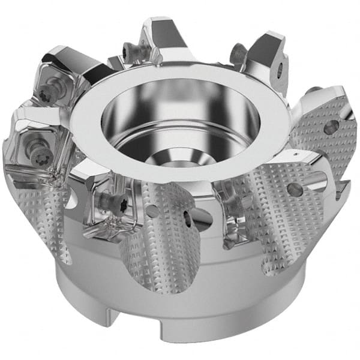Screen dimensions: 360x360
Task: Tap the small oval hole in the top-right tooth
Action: [280, 70]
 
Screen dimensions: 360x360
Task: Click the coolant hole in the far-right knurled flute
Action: [331, 127]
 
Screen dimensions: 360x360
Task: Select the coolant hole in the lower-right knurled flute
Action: [295, 190]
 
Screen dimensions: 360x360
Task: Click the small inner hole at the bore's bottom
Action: [180, 158]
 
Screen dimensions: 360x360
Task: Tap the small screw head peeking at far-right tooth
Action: [313, 91]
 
